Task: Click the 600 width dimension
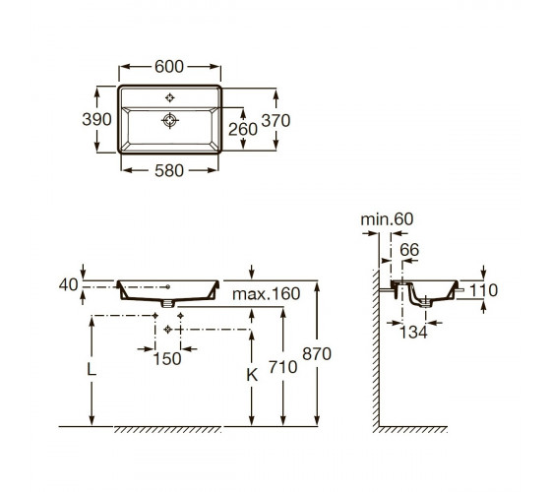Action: point(169,67)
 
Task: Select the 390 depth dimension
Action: point(96,119)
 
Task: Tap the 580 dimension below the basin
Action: point(169,171)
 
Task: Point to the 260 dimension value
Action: point(243,129)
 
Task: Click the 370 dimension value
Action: point(275,121)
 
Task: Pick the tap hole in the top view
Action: point(169,97)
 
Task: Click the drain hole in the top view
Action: point(170,120)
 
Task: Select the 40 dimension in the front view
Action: point(68,284)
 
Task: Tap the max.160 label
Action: point(267,294)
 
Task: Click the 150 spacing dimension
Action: point(167,359)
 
